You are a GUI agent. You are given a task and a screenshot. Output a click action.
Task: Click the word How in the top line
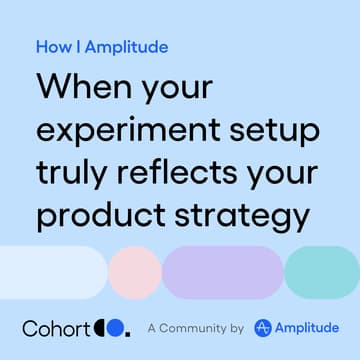[51, 47]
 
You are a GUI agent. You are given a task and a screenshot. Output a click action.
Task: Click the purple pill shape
[222, 270]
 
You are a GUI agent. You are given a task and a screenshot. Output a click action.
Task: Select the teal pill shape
[322, 270]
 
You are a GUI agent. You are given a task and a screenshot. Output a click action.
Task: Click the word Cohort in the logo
[56, 327]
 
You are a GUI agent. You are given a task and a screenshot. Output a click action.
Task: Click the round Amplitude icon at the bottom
[263, 327]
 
